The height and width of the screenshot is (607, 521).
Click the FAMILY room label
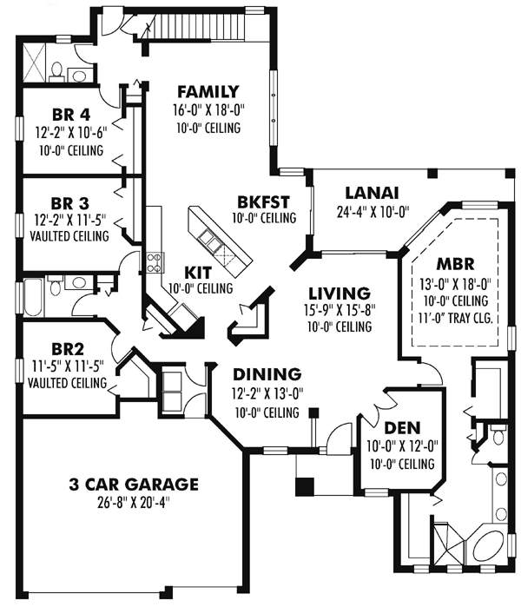tap(208, 92)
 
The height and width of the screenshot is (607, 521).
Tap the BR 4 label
tap(71, 115)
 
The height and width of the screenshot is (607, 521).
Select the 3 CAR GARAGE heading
tap(134, 485)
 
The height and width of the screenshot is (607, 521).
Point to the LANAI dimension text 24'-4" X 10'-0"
tap(373, 212)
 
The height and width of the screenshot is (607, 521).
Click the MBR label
tap(455, 264)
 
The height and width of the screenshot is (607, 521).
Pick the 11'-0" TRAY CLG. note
tap(455, 318)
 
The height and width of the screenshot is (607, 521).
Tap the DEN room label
tap(402, 428)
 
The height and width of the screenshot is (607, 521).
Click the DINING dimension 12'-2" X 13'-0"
tap(267, 393)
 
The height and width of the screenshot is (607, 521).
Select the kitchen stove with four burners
tap(155, 262)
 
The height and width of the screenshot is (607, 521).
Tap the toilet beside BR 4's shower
tap(57, 72)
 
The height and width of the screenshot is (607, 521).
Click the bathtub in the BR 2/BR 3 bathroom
tap(34, 296)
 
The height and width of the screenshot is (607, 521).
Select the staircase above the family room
tap(196, 26)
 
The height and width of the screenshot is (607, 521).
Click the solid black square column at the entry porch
tap(305, 486)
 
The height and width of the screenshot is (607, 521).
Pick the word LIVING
tap(340, 293)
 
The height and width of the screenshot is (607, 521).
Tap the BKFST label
tap(263, 202)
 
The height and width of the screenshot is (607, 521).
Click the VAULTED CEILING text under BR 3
tap(69, 235)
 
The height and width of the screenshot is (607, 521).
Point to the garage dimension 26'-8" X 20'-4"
tap(134, 504)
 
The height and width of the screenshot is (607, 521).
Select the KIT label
tap(198, 273)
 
